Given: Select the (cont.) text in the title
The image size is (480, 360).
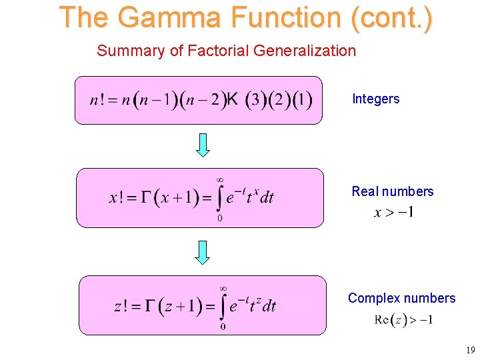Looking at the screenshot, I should (x=391, y=18).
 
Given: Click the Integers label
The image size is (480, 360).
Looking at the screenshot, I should (x=375, y=99).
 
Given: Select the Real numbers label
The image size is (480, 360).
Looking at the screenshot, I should (x=392, y=191).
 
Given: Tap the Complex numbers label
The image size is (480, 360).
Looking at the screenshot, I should (x=401, y=298).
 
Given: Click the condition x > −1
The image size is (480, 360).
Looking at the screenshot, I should (x=394, y=213).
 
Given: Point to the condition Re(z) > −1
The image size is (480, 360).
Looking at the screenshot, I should (x=403, y=320).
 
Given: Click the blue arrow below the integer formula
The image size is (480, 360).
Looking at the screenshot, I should (x=203, y=145).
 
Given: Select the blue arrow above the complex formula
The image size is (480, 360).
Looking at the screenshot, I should (x=203, y=252).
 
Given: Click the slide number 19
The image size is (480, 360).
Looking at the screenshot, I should (x=471, y=349).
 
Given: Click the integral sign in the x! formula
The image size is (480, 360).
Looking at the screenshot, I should (x=220, y=197).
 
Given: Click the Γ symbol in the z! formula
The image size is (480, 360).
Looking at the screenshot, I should (x=151, y=306).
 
